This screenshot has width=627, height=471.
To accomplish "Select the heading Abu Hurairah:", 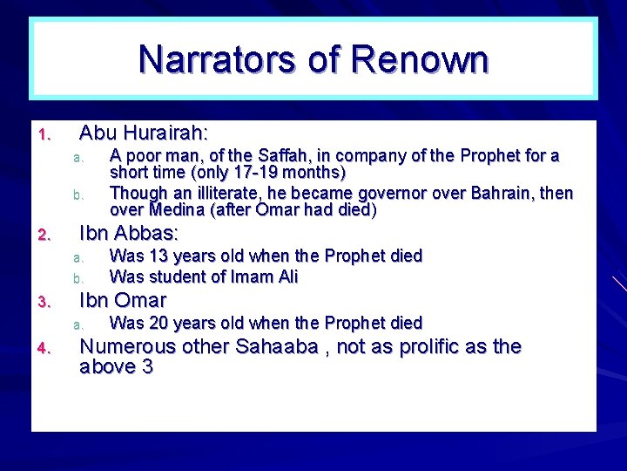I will click(x=144, y=133).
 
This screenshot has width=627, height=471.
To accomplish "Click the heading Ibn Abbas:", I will click(x=129, y=234).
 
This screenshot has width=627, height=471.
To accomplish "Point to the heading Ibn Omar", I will click(x=123, y=301).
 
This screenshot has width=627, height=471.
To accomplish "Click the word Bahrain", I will click(x=501, y=193).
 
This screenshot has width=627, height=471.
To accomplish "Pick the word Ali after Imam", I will click(x=286, y=276).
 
